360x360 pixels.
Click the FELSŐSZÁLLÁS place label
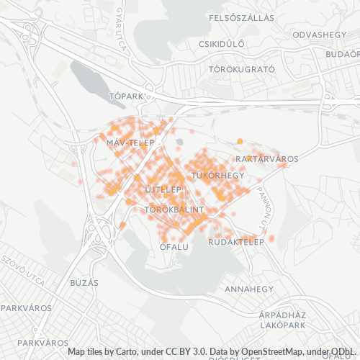click(241, 17)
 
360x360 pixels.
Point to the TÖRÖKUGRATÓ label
click(241, 70)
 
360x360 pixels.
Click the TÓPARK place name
click(126, 96)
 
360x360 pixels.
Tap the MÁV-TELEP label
click(130, 143)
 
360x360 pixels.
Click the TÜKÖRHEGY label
click(218, 176)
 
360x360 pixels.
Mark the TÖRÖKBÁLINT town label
click(175, 210)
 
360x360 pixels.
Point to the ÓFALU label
click(174, 246)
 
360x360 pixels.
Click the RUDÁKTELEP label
click(233, 242)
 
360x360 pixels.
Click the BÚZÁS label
click(84, 282)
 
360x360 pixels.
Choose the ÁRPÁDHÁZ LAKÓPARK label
click(283, 320)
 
